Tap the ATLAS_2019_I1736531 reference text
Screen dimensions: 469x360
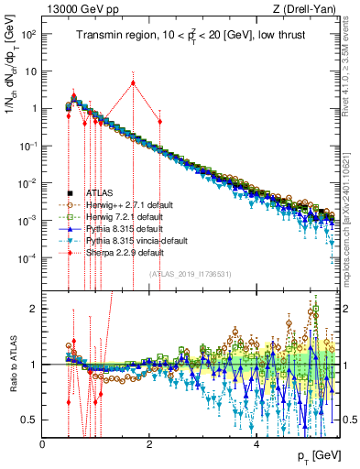tap(190, 274)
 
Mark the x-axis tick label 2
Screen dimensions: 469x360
tap(149, 444)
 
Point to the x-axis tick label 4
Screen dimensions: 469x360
tap(256, 444)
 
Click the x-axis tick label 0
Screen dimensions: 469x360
tap(43, 444)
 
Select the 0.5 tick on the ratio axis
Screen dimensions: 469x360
tap(30, 420)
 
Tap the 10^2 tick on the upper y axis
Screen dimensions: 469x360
tap(27, 34)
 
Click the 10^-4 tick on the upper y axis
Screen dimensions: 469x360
tap(27, 258)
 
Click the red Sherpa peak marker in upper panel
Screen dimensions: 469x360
tap(133, 82)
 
